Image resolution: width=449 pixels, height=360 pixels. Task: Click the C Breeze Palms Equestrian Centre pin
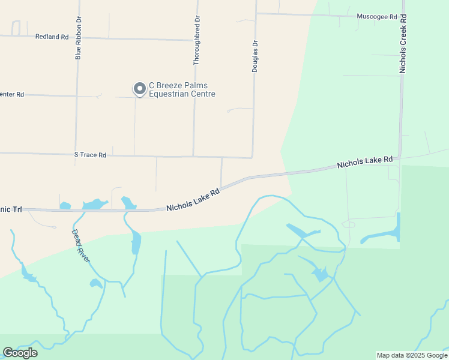(x=139, y=89)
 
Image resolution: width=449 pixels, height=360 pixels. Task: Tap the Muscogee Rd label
(x=377, y=17)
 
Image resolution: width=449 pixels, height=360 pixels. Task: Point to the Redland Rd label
(x=52, y=37)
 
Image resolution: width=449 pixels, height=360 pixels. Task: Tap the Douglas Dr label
(x=255, y=56)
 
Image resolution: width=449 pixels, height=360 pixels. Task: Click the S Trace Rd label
(x=90, y=155)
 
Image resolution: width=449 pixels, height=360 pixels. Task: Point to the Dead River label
(x=80, y=245)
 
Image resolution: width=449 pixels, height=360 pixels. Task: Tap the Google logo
(x=20, y=353)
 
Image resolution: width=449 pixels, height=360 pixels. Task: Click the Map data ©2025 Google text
(x=411, y=355)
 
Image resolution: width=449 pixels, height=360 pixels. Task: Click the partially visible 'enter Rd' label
(x=12, y=94)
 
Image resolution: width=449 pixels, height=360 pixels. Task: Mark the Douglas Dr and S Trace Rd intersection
(x=253, y=157)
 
